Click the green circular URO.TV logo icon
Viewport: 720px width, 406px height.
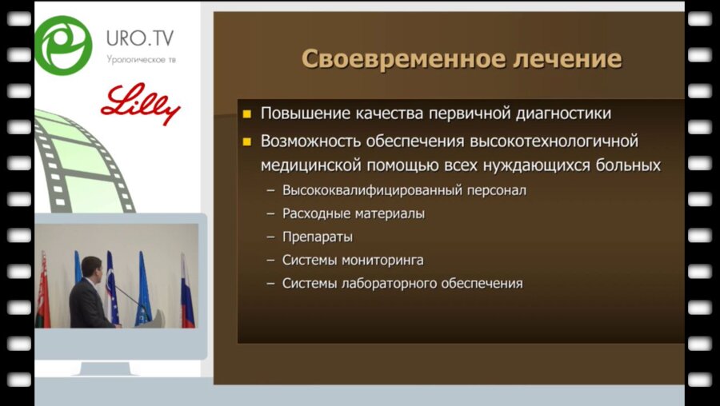[63, 45]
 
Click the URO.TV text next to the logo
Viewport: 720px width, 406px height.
[140, 38]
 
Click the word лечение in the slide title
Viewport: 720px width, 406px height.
[565, 60]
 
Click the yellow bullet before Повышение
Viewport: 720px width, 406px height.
[247, 114]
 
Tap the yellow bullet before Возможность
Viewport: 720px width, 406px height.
[247, 142]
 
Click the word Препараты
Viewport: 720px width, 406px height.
[318, 237]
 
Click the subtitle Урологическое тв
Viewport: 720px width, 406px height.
[140, 60]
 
